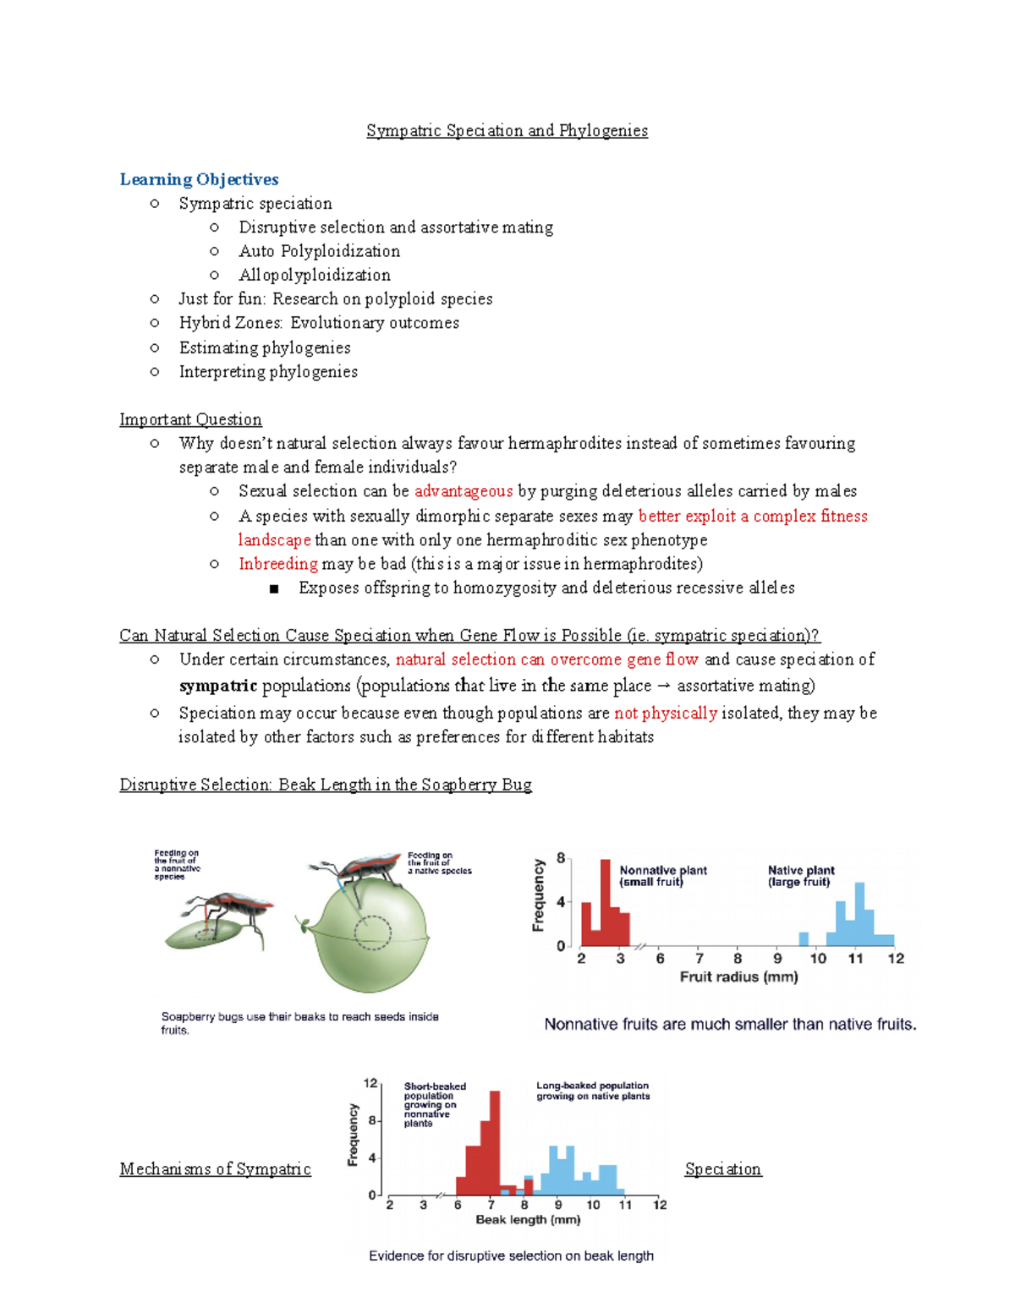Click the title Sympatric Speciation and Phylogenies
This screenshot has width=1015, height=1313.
(x=507, y=130)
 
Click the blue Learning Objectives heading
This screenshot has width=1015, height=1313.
(x=199, y=179)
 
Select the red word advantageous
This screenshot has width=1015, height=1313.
(x=464, y=491)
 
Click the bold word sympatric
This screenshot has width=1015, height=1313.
(x=218, y=686)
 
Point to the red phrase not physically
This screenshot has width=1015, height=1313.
(x=665, y=713)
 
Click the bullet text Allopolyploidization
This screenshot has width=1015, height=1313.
(x=315, y=275)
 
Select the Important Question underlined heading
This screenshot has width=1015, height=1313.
(x=190, y=419)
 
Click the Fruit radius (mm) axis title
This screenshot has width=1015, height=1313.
(x=738, y=977)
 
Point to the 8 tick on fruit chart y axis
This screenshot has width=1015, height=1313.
(x=560, y=858)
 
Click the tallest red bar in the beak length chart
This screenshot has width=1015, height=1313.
(x=495, y=1141)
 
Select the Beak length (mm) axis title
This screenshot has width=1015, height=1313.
(x=528, y=1219)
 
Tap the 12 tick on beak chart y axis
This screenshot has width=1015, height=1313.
(x=370, y=1083)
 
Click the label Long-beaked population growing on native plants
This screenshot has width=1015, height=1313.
(x=592, y=1091)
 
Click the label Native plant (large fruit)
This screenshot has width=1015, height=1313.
(x=800, y=876)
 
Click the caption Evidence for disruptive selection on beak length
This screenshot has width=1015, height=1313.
(x=511, y=1256)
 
